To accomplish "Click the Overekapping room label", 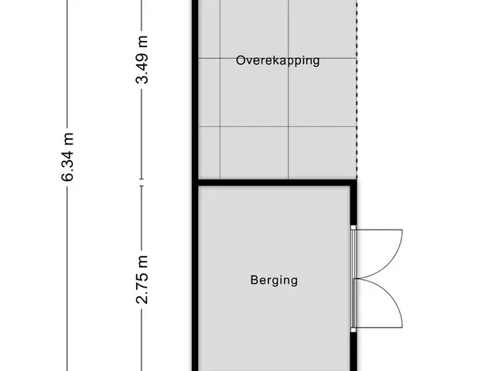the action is pyautogui.click(x=278, y=60).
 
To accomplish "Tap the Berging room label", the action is pyautogui.click(x=274, y=280).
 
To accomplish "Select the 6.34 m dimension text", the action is pyautogui.click(x=67, y=157).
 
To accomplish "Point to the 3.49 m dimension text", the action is pyautogui.click(x=142, y=60).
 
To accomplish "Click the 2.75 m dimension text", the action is pyautogui.click(x=142, y=280).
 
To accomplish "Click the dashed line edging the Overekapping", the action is pyautogui.click(x=357, y=90).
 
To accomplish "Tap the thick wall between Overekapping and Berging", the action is pyautogui.click(x=274, y=182).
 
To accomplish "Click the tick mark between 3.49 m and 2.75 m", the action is pyautogui.click(x=142, y=182).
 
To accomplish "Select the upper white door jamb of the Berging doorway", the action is pyautogui.click(x=353, y=227).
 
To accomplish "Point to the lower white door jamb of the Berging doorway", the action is pyautogui.click(x=353, y=330).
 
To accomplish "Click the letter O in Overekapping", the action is pyautogui.click(x=241, y=60).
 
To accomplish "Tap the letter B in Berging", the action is pyautogui.click(x=254, y=280).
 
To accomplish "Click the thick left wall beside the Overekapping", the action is pyautogui.click(x=195, y=90).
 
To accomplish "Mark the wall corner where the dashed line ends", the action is pyautogui.click(x=357, y=180).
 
